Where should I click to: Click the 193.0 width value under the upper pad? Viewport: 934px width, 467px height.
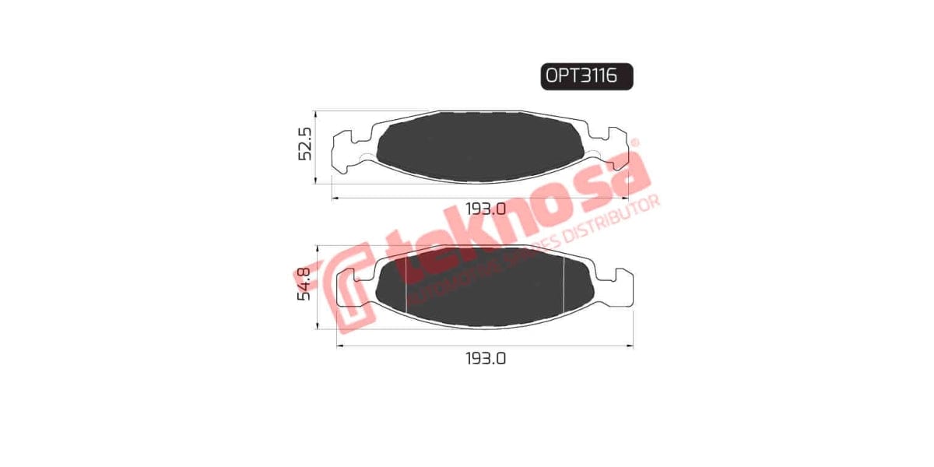[486, 209]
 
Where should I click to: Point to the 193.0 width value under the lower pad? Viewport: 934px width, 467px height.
[486, 359]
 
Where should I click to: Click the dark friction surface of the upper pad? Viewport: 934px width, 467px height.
[479, 146]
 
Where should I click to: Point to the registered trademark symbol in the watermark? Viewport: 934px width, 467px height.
[634, 143]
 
